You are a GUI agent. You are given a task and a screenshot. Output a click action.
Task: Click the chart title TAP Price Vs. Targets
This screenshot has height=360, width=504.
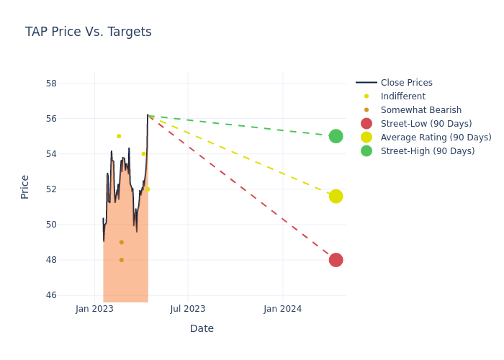[x=88, y=32]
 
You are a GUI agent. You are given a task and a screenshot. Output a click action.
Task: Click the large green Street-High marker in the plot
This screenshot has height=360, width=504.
[x=336, y=136]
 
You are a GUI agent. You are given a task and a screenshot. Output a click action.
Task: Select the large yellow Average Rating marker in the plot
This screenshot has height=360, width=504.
[x=336, y=197]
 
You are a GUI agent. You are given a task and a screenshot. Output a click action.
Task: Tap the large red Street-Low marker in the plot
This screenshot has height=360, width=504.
[x=336, y=260]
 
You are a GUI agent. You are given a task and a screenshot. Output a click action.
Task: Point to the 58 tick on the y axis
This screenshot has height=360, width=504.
[x=51, y=83]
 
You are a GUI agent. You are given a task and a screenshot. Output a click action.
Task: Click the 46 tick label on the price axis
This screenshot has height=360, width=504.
[x=51, y=295]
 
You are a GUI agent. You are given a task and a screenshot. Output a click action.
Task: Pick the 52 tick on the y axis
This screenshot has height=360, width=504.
[x=51, y=189]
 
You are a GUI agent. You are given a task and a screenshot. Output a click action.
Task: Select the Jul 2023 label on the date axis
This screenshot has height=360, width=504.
[x=188, y=309]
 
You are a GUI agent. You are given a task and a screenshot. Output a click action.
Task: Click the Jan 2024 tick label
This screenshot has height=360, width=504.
[x=282, y=309]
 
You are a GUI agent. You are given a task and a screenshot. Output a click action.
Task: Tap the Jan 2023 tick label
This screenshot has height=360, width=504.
[x=94, y=309]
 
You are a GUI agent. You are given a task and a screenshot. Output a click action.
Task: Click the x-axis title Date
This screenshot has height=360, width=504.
[x=202, y=328]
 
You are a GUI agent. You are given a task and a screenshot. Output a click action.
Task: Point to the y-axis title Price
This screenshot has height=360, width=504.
[x=25, y=186]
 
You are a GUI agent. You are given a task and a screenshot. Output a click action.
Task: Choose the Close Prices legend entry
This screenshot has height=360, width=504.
[x=406, y=83]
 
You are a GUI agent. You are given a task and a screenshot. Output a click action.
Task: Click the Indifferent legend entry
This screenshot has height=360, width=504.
[x=402, y=96]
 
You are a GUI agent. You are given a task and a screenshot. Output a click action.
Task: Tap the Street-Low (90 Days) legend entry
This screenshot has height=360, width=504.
[x=426, y=124]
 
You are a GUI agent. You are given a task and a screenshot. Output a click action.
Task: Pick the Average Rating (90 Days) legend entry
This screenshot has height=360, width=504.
[x=436, y=138]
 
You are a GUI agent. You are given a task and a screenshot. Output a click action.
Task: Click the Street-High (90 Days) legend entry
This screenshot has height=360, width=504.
[x=427, y=151]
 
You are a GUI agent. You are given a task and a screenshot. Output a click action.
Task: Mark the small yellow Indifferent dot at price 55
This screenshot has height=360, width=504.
[x=119, y=136]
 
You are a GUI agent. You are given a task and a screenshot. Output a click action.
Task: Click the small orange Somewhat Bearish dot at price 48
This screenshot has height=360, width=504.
[x=121, y=260]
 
